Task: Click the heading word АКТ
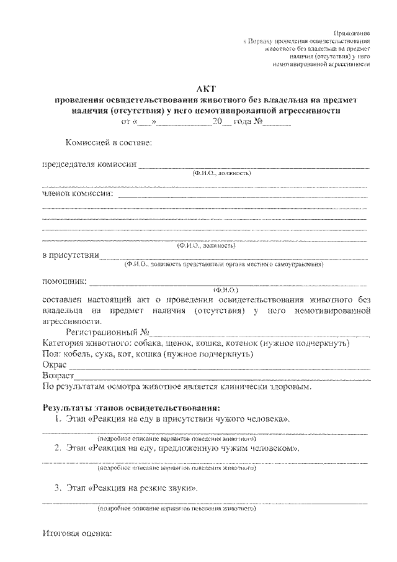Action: point(205,89)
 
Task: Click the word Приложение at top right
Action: point(352,32)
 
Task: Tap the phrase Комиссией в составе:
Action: point(109,143)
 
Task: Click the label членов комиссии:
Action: point(78,193)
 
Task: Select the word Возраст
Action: point(58,376)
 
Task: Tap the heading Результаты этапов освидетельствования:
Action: point(131,408)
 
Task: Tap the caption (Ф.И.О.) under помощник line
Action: point(225,289)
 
